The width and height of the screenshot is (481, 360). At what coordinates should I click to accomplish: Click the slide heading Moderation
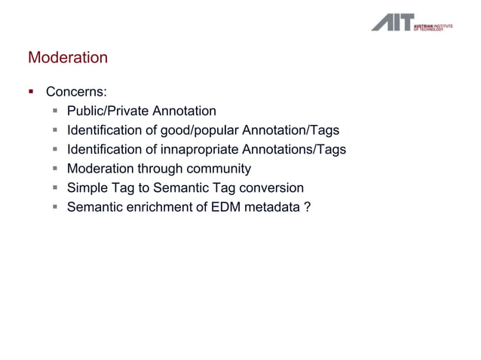(68, 58)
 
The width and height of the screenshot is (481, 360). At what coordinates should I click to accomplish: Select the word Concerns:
(76, 93)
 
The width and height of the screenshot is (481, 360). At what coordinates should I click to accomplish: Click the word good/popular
(185, 130)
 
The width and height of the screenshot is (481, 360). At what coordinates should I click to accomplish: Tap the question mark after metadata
(305, 206)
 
